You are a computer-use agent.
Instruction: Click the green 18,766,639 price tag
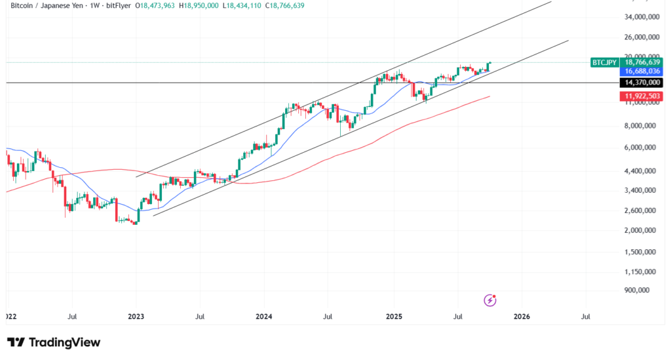point(642,62)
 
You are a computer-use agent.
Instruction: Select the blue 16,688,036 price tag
point(642,71)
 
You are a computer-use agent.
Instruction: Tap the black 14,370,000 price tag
point(642,83)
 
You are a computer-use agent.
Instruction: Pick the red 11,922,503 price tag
point(642,96)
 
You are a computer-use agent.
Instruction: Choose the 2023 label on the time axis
point(136,316)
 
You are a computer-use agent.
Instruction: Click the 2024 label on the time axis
point(264,316)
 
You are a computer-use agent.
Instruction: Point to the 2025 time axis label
point(393,316)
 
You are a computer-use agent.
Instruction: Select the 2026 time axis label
point(522,316)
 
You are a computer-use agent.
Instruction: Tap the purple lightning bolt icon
point(490,300)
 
